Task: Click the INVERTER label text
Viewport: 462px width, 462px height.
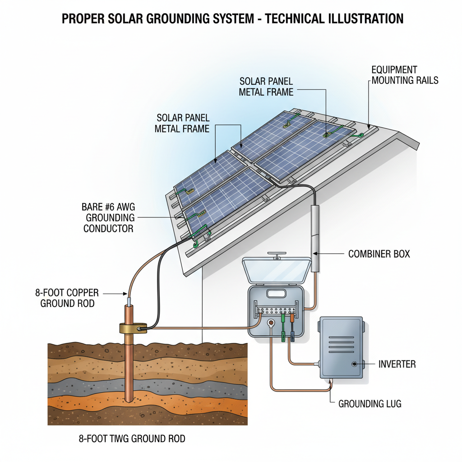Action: tap(397, 364)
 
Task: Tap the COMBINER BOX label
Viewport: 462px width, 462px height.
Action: tap(379, 254)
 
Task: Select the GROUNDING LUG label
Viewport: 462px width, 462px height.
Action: tap(370, 404)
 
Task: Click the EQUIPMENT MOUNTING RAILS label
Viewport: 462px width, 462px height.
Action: tap(404, 75)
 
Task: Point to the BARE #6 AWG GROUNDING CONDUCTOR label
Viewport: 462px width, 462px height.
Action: tap(108, 217)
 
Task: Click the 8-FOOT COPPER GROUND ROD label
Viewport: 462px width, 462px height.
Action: tap(67, 298)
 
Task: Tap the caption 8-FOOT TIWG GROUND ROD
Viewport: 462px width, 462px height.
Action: tap(131, 439)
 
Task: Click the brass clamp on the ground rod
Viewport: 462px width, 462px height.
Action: tap(133, 328)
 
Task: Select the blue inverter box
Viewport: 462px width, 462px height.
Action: tap(341, 347)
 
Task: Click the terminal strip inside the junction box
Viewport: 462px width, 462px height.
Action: tap(276, 311)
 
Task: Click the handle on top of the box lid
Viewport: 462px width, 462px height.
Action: tap(277, 256)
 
